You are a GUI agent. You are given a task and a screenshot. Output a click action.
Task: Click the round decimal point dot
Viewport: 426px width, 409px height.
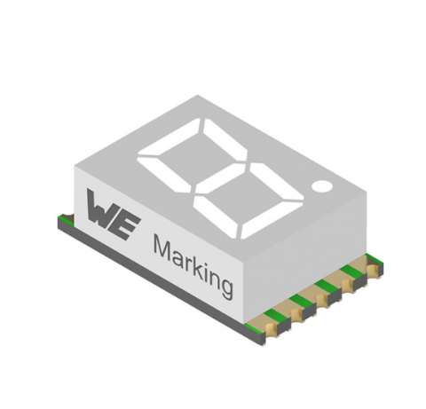click(x=322, y=185)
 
